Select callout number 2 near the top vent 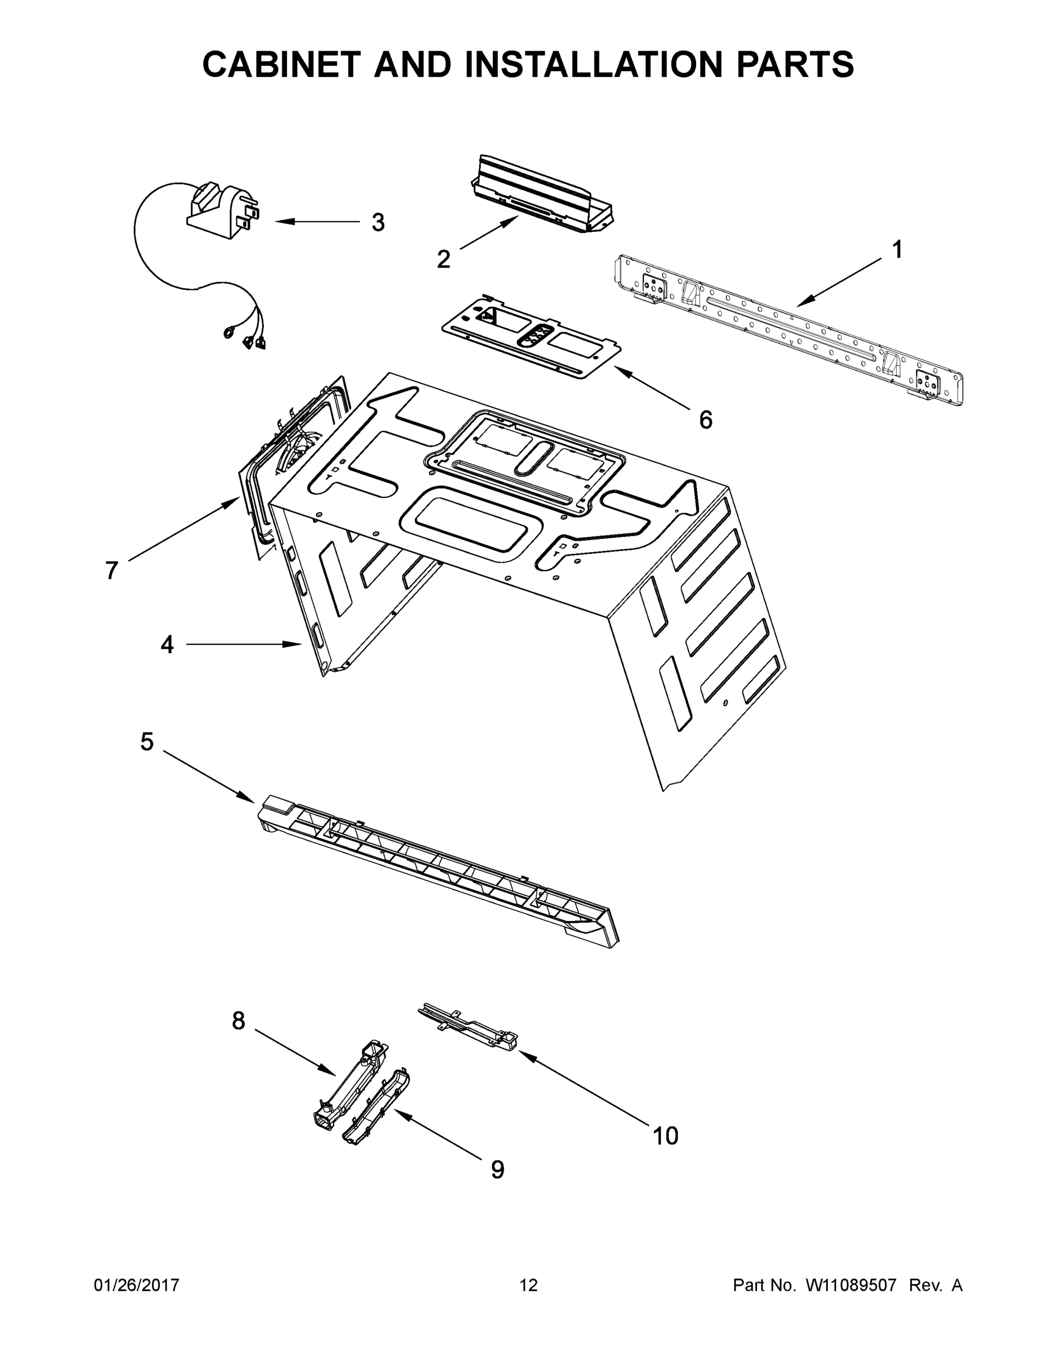point(443,259)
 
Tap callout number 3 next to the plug point(378,222)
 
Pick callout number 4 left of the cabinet point(166,644)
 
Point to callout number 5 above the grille point(146,742)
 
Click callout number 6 point(705,420)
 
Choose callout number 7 point(112,570)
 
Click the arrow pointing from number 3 point(316,221)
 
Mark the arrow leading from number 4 point(244,644)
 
